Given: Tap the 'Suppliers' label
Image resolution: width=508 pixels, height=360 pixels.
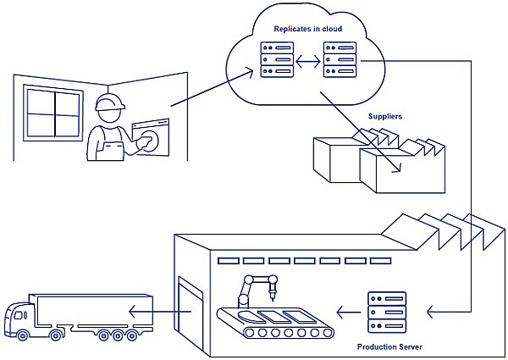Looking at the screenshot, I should point(384,116).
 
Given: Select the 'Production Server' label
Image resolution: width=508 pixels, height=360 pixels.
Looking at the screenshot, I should point(388,347).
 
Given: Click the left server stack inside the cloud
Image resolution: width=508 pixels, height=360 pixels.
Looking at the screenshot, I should point(272,62).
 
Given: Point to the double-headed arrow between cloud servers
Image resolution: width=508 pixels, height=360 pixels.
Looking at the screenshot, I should point(306,62).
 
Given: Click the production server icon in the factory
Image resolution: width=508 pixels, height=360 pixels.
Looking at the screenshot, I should point(387,313).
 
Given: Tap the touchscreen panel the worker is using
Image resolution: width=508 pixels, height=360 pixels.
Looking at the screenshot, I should point(152,136).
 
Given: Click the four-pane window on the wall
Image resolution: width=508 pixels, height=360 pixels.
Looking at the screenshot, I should point(52,114).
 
